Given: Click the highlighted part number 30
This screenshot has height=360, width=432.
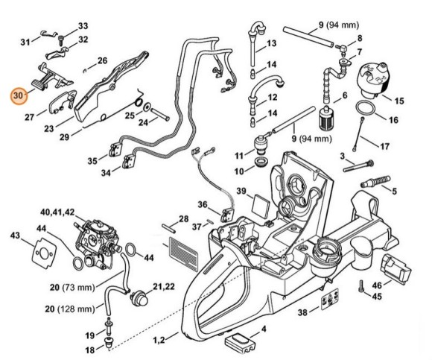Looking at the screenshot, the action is [18, 96].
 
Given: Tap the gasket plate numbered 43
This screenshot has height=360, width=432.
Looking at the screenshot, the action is [45, 253].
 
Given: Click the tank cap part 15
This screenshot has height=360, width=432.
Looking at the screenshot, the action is [373, 80].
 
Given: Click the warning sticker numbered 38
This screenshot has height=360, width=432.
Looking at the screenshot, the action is [329, 299].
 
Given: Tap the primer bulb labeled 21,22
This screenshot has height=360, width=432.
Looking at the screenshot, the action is [138, 296].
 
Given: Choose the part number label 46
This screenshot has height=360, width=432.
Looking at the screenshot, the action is [377, 285].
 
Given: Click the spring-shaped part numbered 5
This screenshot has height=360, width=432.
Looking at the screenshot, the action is [375, 181].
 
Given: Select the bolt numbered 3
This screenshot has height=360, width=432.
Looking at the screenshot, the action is [358, 165].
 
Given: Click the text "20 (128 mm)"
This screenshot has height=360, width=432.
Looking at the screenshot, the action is [70, 309].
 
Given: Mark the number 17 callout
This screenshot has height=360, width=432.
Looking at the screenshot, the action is [384, 146].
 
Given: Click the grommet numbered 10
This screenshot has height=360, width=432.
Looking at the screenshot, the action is [260, 162].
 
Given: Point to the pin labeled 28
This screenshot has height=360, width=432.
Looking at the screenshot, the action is [168, 227].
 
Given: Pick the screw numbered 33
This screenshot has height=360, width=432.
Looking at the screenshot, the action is [61, 40].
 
